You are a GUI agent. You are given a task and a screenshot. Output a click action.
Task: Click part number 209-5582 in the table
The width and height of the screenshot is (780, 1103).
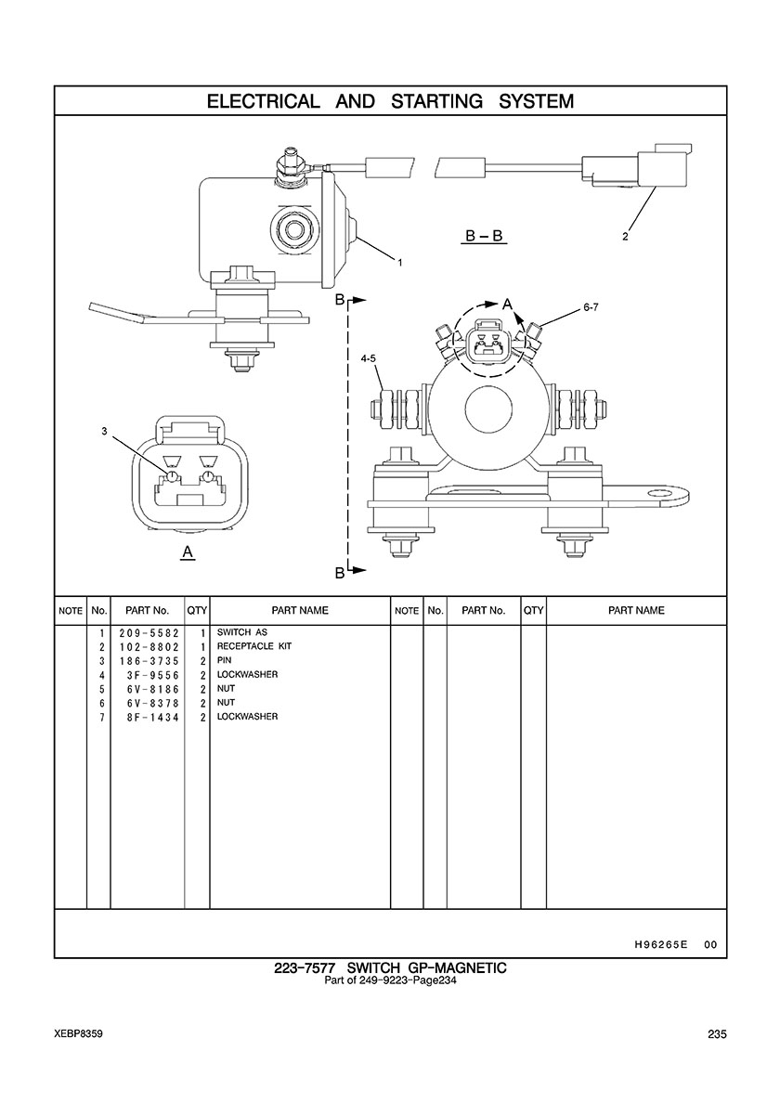(x=149, y=632)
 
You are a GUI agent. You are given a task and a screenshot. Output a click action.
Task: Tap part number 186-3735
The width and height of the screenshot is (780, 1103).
(x=149, y=660)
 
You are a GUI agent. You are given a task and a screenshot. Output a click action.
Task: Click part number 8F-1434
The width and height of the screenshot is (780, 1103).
(x=152, y=717)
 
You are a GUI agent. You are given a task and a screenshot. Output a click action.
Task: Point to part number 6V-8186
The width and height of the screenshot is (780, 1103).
(x=152, y=689)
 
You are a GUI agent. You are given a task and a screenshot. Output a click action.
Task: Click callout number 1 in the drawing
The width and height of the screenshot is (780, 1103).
(x=400, y=263)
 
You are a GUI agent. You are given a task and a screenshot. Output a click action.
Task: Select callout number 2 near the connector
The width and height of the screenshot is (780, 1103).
(x=625, y=237)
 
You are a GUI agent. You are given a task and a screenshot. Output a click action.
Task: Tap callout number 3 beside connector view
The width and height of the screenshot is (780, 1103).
(x=105, y=431)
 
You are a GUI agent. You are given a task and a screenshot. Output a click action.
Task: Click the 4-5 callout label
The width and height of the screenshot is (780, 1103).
(x=368, y=358)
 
